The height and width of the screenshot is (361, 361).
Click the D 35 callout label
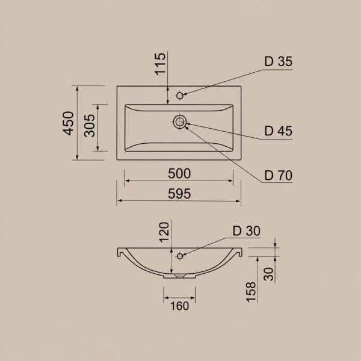tap(279, 61)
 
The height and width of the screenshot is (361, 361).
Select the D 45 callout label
tap(279, 131)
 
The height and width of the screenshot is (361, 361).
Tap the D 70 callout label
tap(279, 176)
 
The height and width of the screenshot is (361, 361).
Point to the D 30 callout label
tap(247, 231)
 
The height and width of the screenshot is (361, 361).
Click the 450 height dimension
tap(69, 123)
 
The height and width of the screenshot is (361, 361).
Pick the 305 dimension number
tap(89, 126)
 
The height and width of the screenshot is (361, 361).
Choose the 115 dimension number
tap(160, 64)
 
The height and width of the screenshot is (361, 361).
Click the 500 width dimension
tap(179, 174)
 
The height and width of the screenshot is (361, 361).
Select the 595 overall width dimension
tap(179, 194)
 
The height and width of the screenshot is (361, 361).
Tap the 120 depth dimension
tap(164, 232)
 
